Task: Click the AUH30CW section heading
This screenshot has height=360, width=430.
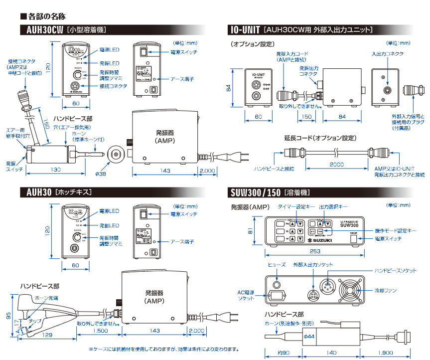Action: point(42,30)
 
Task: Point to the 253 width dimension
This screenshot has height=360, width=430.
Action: point(314,252)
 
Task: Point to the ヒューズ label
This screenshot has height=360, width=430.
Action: point(277,264)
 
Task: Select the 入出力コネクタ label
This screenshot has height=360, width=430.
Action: point(387,54)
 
